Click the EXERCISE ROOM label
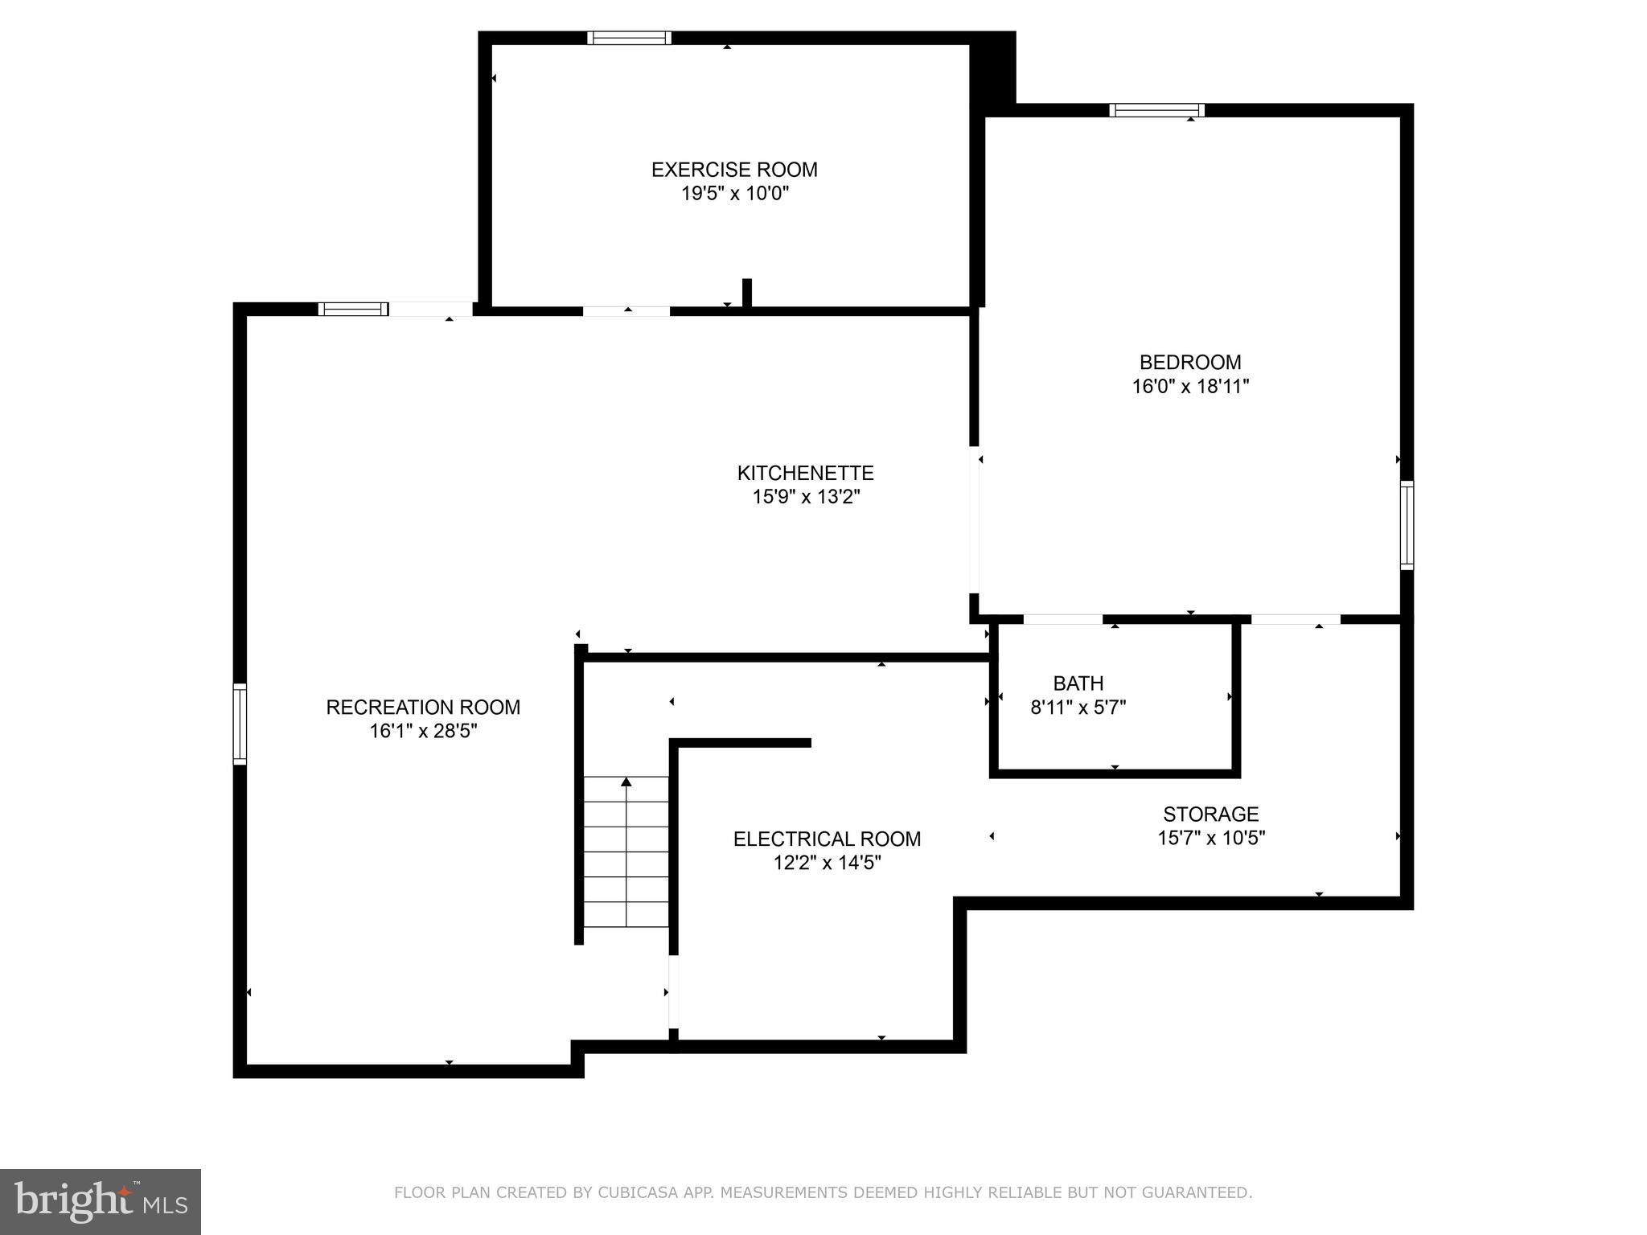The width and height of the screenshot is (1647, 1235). click(734, 170)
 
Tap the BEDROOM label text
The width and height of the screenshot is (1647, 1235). click(1190, 363)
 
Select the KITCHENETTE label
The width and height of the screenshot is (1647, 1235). click(806, 473)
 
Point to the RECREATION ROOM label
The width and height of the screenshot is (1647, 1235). click(423, 708)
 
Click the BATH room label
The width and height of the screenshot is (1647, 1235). click(1078, 683)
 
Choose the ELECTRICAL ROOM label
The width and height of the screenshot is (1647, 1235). click(827, 839)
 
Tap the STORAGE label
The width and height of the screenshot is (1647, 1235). click(1210, 814)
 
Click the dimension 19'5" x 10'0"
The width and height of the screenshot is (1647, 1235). click(734, 194)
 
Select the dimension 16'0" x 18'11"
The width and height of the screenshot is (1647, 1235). click(1190, 387)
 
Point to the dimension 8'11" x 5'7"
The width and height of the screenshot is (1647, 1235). click(1078, 708)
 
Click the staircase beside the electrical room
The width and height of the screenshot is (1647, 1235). click(626, 852)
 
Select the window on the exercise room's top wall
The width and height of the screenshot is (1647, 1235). click(629, 38)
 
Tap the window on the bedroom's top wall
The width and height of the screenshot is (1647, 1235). click(1156, 110)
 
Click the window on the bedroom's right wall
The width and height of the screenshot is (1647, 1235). click(1407, 525)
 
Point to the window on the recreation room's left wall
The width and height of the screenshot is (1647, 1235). click(240, 723)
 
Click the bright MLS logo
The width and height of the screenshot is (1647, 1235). click(101, 1201)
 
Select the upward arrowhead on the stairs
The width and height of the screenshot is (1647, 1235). click(626, 782)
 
